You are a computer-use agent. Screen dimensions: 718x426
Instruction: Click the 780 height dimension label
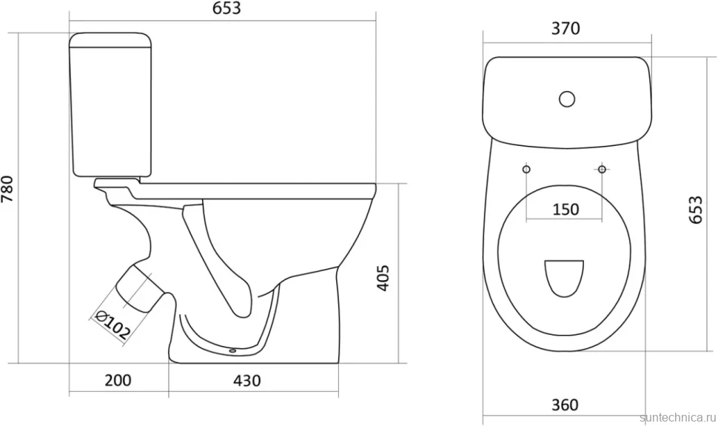pyautogui.click(x=9, y=189)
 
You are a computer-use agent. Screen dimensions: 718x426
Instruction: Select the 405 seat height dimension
pyautogui.click(x=383, y=277)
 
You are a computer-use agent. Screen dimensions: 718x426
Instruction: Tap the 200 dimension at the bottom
pyautogui.click(x=118, y=380)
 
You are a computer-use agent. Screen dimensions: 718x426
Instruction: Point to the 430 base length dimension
pyautogui.click(x=246, y=381)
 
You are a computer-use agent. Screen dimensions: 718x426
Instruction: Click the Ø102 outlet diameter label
pyautogui.click(x=112, y=325)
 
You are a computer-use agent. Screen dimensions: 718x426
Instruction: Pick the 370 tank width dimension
pyautogui.click(x=566, y=28)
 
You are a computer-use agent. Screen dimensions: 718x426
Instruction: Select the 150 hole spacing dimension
pyautogui.click(x=566, y=209)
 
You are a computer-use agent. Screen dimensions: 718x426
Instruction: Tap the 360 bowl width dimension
pyautogui.click(x=565, y=405)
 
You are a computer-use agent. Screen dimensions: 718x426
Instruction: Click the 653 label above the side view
pyautogui.click(x=227, y=8)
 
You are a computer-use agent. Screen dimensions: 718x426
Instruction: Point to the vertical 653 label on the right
pyautogui.click(x=695, y=209)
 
